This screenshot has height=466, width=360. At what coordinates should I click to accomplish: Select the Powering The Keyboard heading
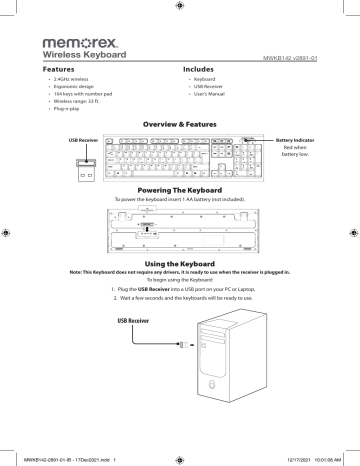(180, 190)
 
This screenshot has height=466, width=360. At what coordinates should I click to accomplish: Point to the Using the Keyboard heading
(180, 261)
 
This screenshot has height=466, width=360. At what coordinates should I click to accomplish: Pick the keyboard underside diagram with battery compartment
(180, 229)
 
